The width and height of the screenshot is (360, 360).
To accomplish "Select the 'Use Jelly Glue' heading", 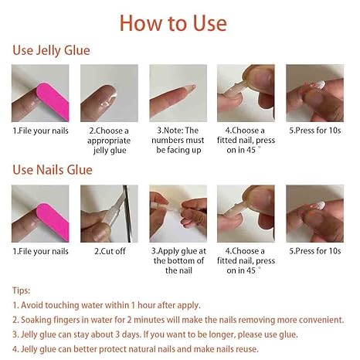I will pos(51,51).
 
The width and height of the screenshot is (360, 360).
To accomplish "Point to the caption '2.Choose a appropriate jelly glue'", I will pos(109,141).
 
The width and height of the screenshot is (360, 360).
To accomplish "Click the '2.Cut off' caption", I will pos(109,251).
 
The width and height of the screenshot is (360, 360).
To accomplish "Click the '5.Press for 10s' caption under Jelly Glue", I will pos(314,131).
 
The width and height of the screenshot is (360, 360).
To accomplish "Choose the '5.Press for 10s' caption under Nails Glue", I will pos(314,251).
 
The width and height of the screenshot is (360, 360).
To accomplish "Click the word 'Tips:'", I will pos(22,290).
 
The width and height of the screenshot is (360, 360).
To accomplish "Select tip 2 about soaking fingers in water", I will pos(178,320).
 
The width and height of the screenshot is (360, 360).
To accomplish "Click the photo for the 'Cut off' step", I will pos(109,213).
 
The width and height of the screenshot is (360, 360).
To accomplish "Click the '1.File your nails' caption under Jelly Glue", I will pos(40,131).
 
